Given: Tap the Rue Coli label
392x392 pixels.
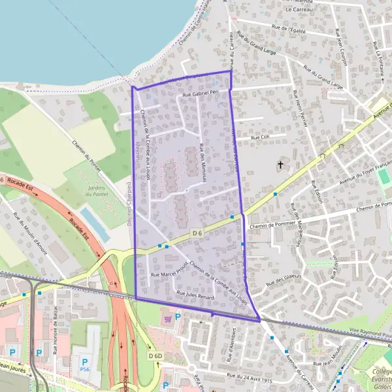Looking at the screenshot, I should [x=260, y=138].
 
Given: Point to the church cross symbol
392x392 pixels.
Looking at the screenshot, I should [x=282, y=164].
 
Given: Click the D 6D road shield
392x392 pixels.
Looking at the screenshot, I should [x=155, y=355].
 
